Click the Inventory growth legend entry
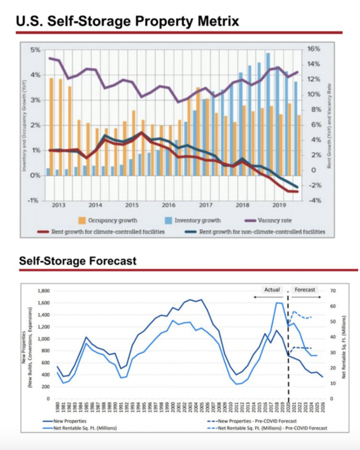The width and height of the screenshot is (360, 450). (x=197, y=220)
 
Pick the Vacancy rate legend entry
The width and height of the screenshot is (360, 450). (x=275, y=220)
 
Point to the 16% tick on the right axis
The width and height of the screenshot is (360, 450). (x=313, y=49)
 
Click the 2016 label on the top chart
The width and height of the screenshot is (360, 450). (x=168, y=205)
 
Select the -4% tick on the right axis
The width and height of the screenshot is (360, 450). (x=313, y=200)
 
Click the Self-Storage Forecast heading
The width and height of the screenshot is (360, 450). (x=77, y=261)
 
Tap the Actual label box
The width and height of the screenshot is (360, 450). (x=272, y=290)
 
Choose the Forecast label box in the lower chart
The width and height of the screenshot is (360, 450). (x=305, y=290)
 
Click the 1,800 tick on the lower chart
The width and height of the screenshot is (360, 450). (x=44, y=291)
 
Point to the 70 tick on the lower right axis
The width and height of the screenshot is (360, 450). (x=332, y=291)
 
